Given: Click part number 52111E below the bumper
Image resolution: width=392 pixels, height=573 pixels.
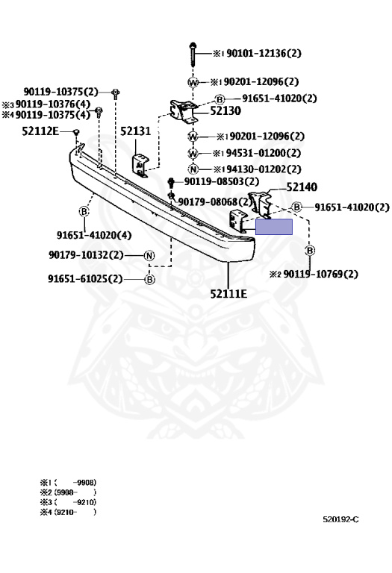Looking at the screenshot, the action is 228,293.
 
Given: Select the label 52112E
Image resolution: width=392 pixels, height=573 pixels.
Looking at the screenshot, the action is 40,131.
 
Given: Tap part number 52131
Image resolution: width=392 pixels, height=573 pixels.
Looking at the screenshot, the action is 135,131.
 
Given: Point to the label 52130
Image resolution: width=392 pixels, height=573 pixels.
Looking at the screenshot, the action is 225,110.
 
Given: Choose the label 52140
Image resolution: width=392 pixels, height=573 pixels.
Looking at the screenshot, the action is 302,187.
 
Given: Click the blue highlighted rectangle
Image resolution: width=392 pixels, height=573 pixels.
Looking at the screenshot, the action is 274,227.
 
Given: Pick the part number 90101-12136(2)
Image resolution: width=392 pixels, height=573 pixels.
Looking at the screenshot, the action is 264,54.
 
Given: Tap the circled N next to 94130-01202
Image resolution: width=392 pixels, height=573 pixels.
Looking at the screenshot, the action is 193,169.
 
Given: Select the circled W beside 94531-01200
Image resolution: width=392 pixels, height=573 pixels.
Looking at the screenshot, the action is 193,153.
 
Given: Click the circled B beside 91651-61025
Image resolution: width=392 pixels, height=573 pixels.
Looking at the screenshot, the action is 149,279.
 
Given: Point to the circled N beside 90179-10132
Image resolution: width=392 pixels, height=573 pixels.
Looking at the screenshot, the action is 149,255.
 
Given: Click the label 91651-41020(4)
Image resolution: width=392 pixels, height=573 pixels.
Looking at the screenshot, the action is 94,235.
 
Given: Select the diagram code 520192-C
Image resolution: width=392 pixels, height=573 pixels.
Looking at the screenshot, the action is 340,519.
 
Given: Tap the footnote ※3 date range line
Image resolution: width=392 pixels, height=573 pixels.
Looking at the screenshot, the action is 69,502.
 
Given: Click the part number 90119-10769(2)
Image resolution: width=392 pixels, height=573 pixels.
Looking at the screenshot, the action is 321,274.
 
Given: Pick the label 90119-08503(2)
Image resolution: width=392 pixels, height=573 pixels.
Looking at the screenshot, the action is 222,181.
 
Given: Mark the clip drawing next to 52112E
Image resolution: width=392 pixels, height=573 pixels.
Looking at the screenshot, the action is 76,132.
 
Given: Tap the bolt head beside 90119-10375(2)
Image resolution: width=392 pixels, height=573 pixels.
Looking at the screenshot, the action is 116,93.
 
